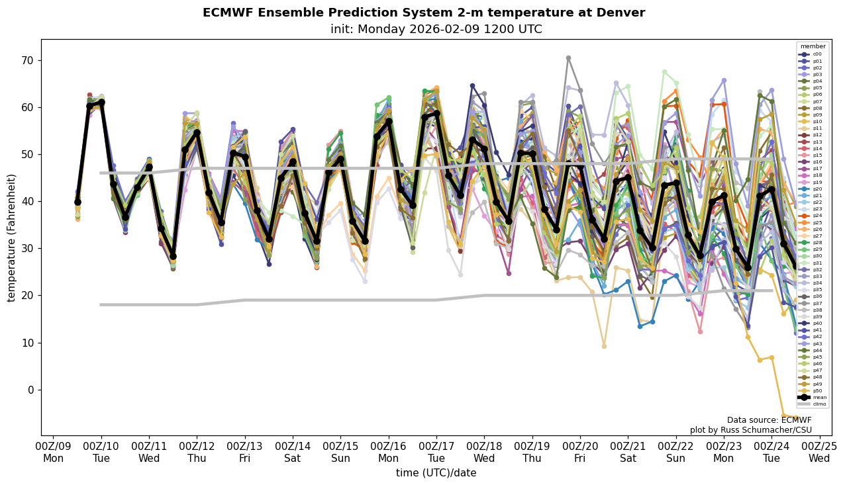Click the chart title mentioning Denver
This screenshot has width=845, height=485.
click(423, 13)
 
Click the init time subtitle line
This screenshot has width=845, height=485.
click(436, 29)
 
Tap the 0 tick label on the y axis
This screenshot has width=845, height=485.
click(28, 390)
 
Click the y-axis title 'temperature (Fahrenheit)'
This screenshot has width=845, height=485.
click(11, 238)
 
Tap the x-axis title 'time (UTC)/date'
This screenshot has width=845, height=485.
click(436, 473)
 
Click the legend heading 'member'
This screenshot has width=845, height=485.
click(813, 46)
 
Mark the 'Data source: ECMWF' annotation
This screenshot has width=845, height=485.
click(769, 420)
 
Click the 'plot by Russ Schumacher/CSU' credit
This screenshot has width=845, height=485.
click(750, 430)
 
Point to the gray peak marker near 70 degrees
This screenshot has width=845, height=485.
click(568, 58)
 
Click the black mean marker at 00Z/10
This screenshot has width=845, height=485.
click(101, 103)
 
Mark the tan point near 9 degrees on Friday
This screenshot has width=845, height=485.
click(604, 346)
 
